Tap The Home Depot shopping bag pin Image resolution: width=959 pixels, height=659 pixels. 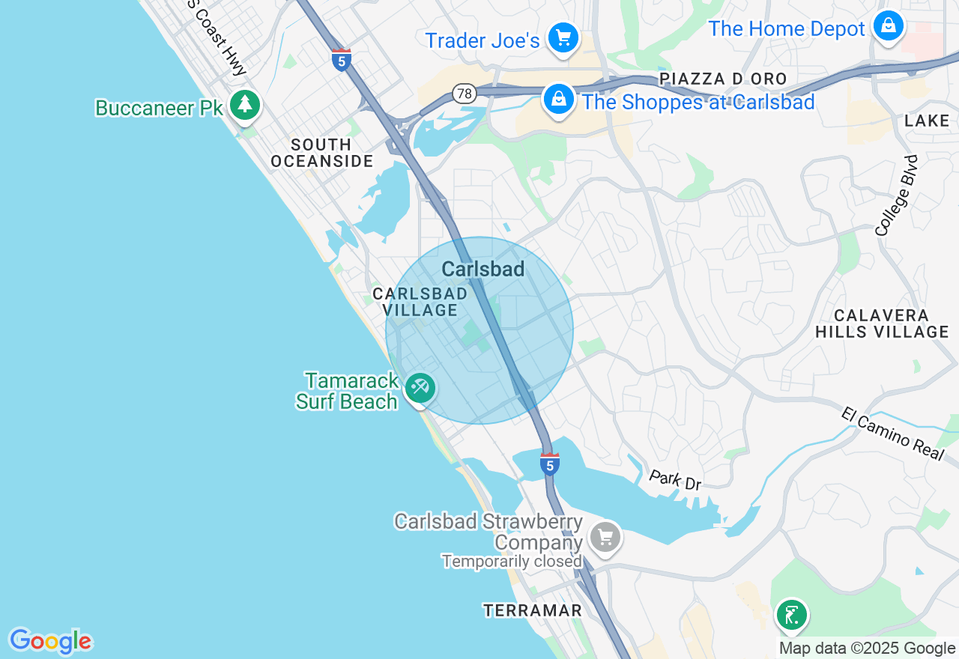point(888,27)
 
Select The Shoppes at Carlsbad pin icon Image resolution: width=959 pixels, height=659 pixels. point(558,100)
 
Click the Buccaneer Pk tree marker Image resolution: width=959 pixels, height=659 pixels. point(244,105)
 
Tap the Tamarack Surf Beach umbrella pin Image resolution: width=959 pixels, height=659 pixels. point(420,388)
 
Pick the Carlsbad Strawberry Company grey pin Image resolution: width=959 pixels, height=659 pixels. point(605,537)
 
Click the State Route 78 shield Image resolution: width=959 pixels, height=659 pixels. point(465,94)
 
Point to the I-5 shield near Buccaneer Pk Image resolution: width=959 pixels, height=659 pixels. point(342,59)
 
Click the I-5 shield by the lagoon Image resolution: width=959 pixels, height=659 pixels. point(550,464)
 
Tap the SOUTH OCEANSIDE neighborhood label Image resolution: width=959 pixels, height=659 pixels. point(321,153)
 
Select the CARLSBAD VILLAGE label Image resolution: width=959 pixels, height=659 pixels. point(420,302)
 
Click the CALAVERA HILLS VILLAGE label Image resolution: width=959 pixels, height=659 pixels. point(882,324)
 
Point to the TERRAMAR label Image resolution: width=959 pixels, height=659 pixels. point(533,610)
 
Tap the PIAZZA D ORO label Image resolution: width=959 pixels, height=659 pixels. point(723,79)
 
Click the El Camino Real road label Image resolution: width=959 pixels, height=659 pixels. point(892,434)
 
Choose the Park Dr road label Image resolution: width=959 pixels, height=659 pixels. point(674,480)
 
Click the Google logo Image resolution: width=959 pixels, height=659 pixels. point(50,641)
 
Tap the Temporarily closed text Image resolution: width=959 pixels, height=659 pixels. point(512,561)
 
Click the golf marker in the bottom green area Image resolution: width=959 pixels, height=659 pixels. point(791,616)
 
